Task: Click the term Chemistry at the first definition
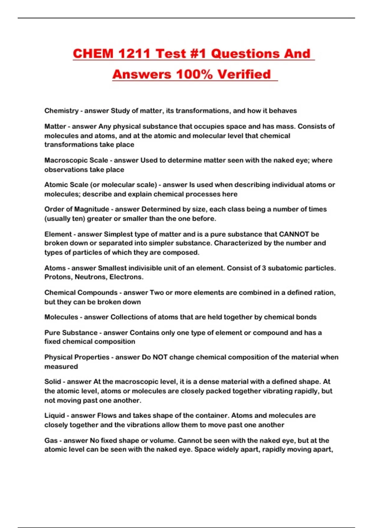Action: [x=61, y=111]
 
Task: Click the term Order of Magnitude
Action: [x=77, y=209]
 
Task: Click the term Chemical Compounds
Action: [x=81, y=293]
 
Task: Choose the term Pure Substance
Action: [x=71, y=333]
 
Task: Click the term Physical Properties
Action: [x=77, y=357]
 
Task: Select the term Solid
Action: [x=53, y=382]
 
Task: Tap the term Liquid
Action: [x=55, y=416]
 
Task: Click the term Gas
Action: [x=51, y=440]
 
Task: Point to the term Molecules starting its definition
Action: [x=61, y=317]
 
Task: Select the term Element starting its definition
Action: [x=58, y=234]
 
